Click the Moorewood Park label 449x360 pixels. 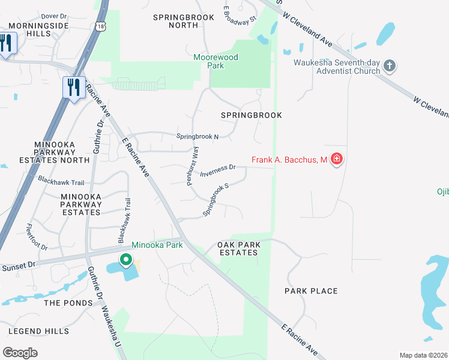click(215, 61)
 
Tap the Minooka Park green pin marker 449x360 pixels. click(125, 260)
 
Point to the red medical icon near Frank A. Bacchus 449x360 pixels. click(337, 160)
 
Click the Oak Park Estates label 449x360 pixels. click(238, 248)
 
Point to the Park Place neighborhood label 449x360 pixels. click(311, 291)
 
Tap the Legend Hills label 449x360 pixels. click(39, 331)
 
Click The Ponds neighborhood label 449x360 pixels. click(68, 303)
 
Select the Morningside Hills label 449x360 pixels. click(37, 30)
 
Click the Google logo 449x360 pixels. click(20, 353)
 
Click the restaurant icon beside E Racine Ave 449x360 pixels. click(73, 88)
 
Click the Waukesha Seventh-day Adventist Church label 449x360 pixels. click(337, 66)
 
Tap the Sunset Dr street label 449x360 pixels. click(18, 265)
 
